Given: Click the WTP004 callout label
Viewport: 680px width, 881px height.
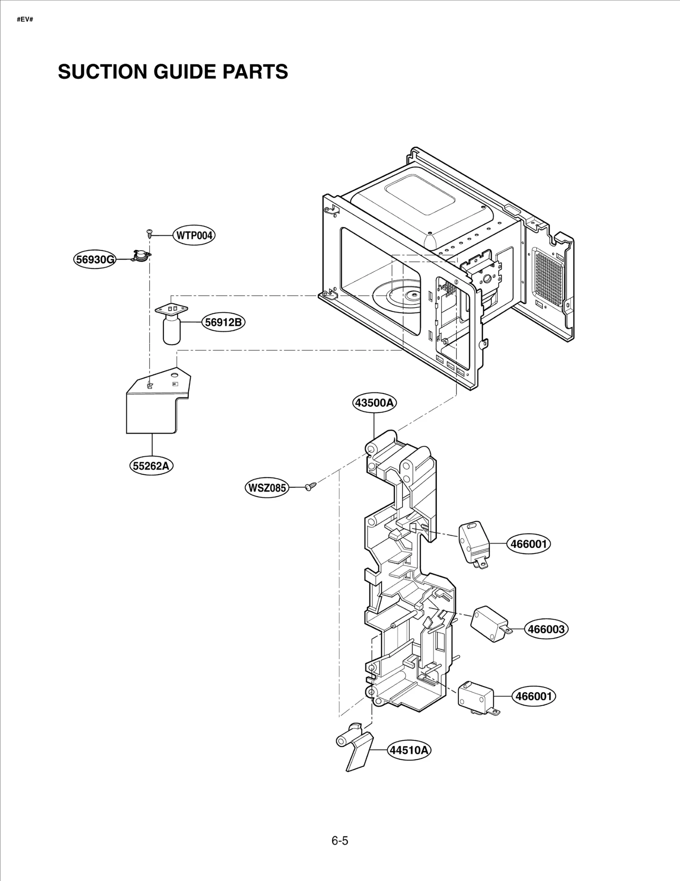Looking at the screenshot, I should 194,235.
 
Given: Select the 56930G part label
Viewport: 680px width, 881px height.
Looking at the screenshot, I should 94,259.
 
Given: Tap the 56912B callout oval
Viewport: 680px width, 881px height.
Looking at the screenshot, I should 223,322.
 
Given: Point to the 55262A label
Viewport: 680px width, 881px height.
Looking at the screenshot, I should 151,466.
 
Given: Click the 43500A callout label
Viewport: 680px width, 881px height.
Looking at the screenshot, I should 374,402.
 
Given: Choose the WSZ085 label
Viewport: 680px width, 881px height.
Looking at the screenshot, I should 267,487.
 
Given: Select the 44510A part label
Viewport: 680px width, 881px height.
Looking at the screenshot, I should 409,750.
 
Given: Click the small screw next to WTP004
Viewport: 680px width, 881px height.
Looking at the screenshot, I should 149,232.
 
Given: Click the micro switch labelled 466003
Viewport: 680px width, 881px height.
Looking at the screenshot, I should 489,623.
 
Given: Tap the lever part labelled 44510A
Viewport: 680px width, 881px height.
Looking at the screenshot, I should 356,752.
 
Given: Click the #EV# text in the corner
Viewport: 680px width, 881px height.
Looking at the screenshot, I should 25,20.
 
